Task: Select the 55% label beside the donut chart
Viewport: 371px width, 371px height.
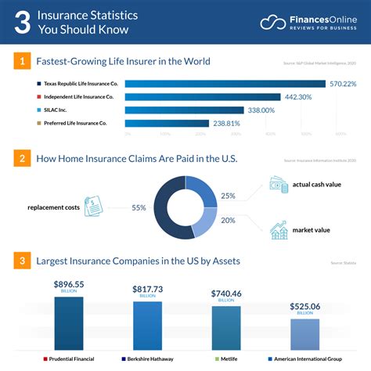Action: click(139, 208)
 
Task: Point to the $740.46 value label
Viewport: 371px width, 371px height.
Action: click(226, 294)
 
